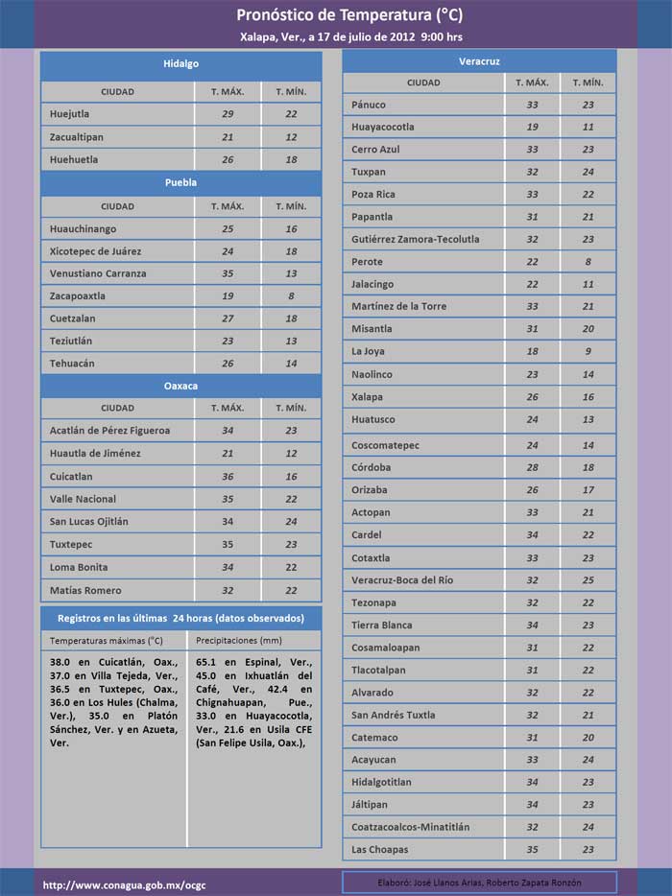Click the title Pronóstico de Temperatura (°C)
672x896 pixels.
[x=335, y=15]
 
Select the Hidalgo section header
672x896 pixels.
[x=180, y=63]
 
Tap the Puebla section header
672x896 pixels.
[x=180, y=182]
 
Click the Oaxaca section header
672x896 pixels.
[x=180, y=386]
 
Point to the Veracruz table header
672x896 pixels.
[x=479, y=60]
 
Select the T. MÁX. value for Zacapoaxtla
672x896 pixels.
[x=228, y=296]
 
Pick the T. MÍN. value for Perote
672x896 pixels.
[x=588, y=262]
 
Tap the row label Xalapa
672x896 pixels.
[x=367, y=397]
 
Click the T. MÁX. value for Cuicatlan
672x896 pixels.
[x=228, y=477]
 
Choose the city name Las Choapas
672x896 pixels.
[x=379, y=850]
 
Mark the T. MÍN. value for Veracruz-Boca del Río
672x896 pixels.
[x=588, y=580]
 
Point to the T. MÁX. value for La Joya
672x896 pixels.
[x=532, y=352]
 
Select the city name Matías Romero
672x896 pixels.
[x=85, y=590]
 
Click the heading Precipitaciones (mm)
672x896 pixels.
[x=238, y=640]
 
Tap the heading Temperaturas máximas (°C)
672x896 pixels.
[x=107, y=640]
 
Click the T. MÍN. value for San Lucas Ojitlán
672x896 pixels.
[x=291, y=522]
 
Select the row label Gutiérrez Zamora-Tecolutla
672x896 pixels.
[x=415, y=239]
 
